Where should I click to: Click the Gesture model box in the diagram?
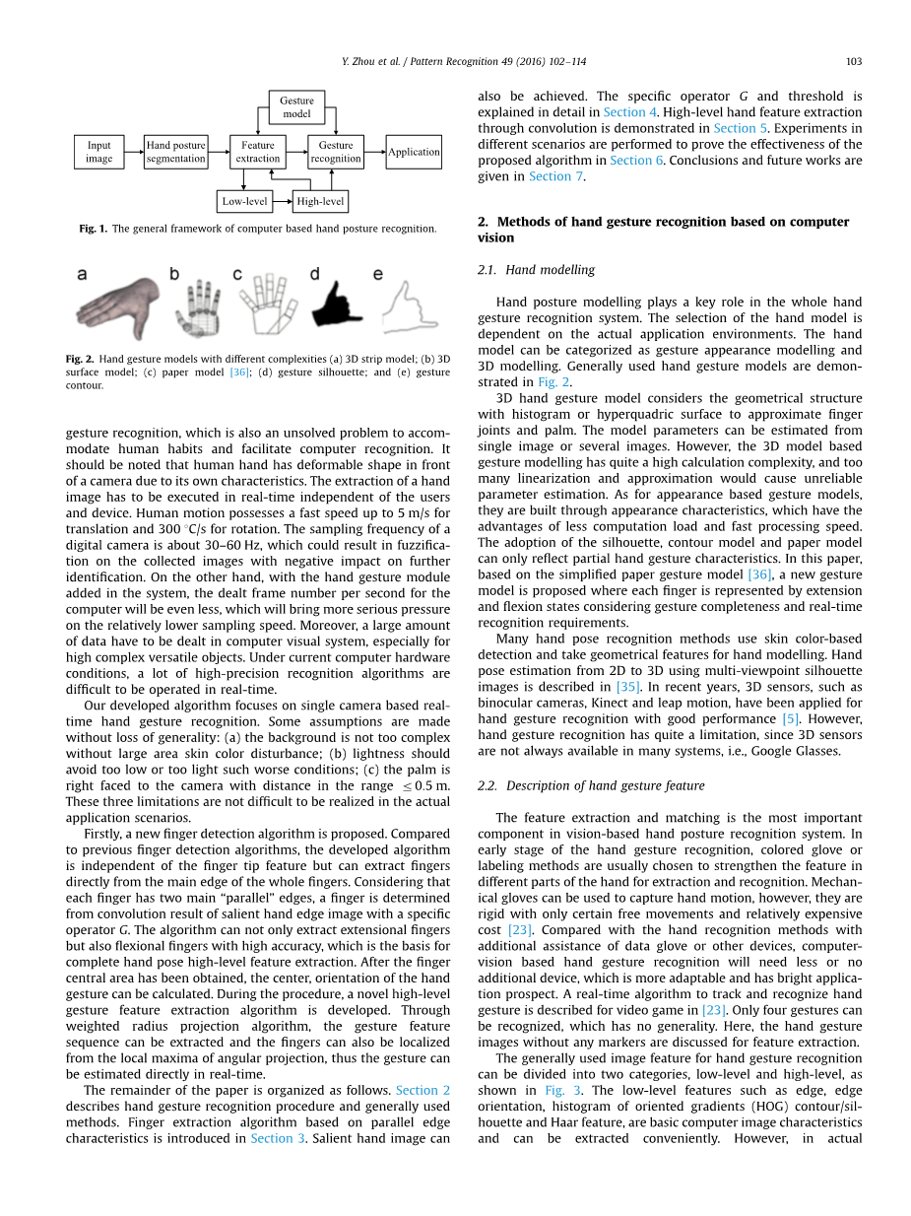296,106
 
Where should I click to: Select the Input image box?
99,152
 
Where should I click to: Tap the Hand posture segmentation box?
175,152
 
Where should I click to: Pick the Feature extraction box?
258,152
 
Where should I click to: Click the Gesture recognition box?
336,152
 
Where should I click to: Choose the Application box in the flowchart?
414,152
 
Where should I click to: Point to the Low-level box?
244,202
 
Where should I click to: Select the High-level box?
320,202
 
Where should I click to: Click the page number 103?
854,61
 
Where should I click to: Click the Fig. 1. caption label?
94,229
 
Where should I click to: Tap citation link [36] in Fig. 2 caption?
238,372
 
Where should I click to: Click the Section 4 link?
623,112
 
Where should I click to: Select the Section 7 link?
555,175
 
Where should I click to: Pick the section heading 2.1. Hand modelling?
536,270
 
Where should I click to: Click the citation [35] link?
627,686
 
